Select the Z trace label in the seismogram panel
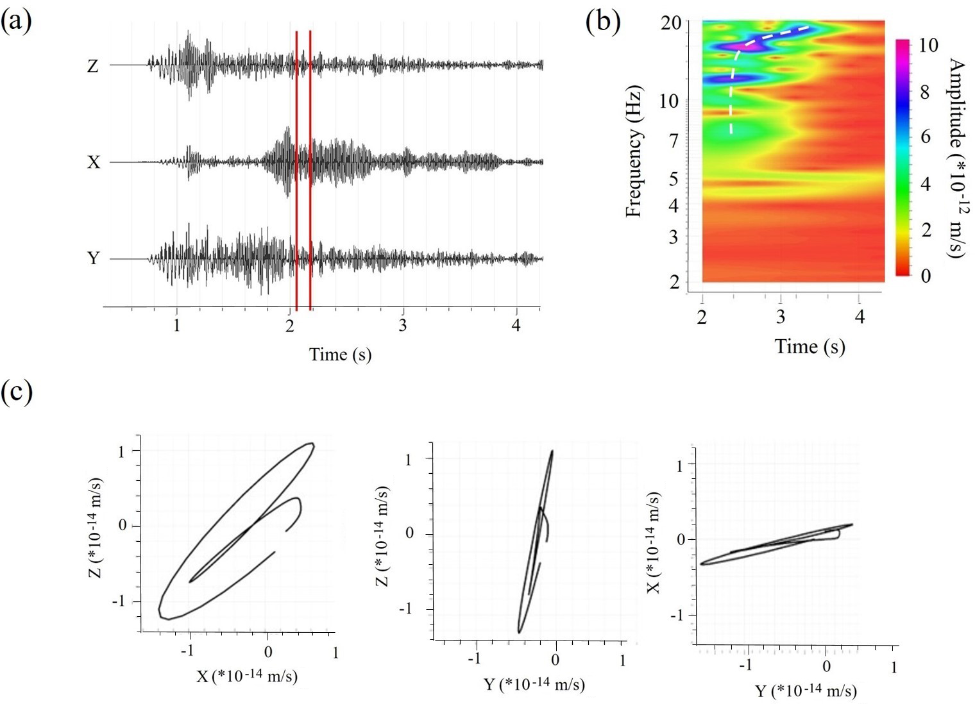[x=93, y=65]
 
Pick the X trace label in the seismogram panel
[x=94, y=162]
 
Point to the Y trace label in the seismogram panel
[x=94, y=258]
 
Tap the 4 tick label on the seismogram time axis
[x=516, y=325]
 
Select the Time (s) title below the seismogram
[x=340, y=354]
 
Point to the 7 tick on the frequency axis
[x=674, y=140]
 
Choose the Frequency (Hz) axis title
[x=634, y=151]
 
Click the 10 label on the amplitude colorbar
[x=924, y=45]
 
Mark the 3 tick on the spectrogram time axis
[x=781, y=317]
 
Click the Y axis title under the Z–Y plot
[x=534, y=685]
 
